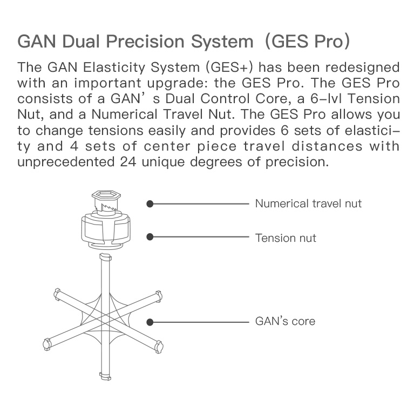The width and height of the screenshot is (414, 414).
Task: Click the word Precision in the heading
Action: click(146, 42)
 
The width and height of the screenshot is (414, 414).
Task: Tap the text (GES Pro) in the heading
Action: click(307, 42)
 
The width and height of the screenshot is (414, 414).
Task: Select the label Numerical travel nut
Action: click(308, 203)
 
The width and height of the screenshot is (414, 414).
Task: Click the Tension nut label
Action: click(286, 238)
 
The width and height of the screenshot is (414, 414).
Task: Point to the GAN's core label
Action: click(285, 321)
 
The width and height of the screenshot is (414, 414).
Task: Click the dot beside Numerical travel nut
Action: click(150, 204)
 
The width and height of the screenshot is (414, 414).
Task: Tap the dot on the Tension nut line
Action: click(150, 237)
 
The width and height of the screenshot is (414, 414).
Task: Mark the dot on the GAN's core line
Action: click(150, 322)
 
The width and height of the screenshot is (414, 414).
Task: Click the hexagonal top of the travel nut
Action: click(106, 196)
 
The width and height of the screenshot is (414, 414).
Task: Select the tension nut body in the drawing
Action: click(106, 229)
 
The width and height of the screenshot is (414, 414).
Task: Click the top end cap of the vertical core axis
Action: click(106, 256)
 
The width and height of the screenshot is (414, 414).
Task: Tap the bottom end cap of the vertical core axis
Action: click(105, 376)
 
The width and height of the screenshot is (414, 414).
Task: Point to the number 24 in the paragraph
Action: click(128, 162)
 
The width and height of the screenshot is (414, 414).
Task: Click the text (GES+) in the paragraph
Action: click(229, 67)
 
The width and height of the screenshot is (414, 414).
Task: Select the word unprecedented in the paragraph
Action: click(66, 162)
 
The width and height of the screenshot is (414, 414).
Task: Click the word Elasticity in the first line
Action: click(114, 67)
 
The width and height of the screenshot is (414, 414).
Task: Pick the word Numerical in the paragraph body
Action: click(124, 114)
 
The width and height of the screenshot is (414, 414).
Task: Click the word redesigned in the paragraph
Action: click(362, 67)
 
